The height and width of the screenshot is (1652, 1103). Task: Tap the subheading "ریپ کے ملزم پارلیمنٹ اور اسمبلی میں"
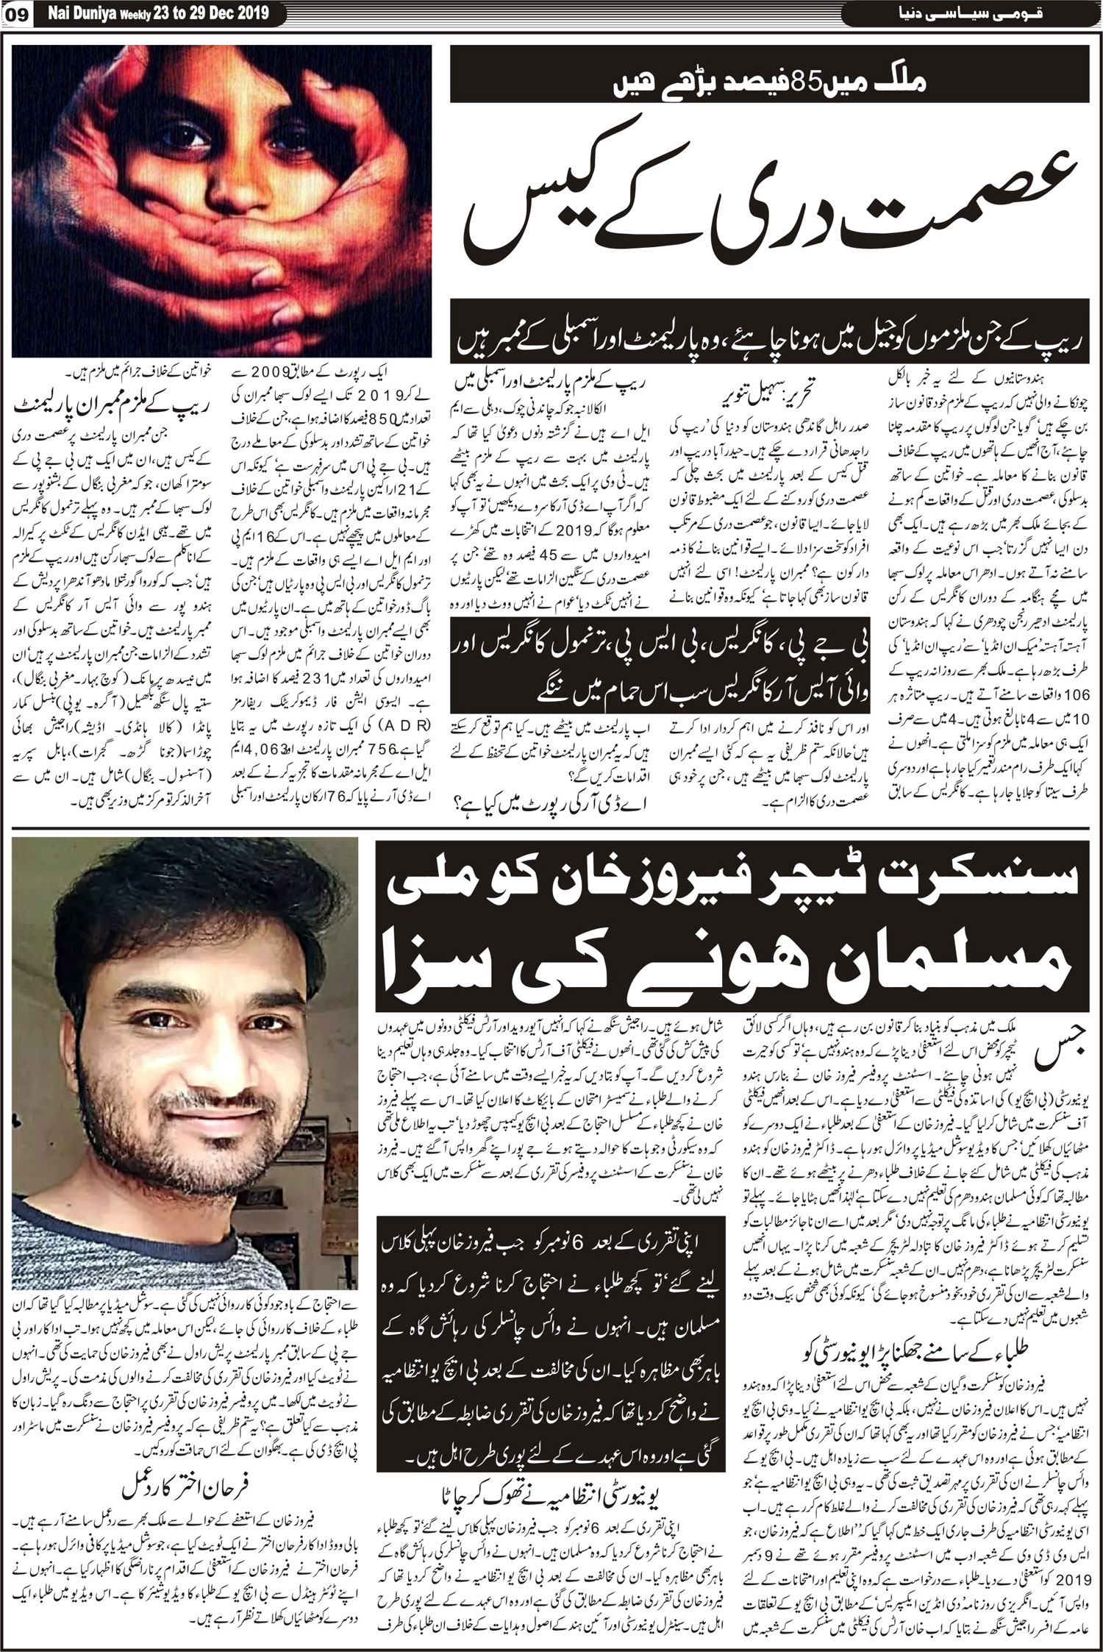coord(556,382)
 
